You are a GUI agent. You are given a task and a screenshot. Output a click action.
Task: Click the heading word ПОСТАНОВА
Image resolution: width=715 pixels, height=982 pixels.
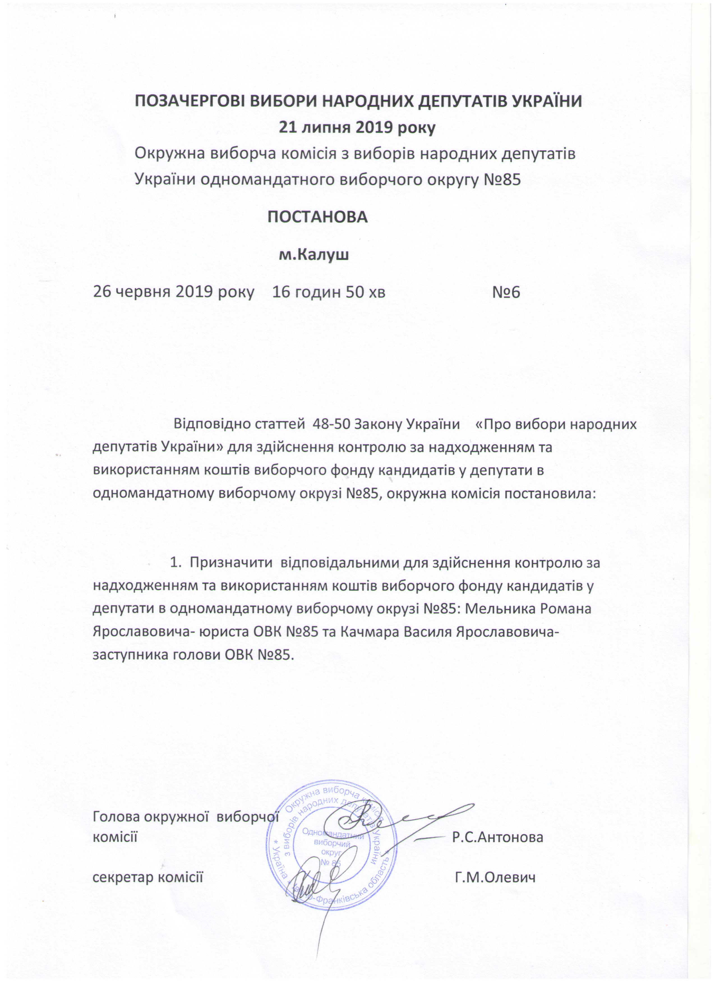[317, 217]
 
